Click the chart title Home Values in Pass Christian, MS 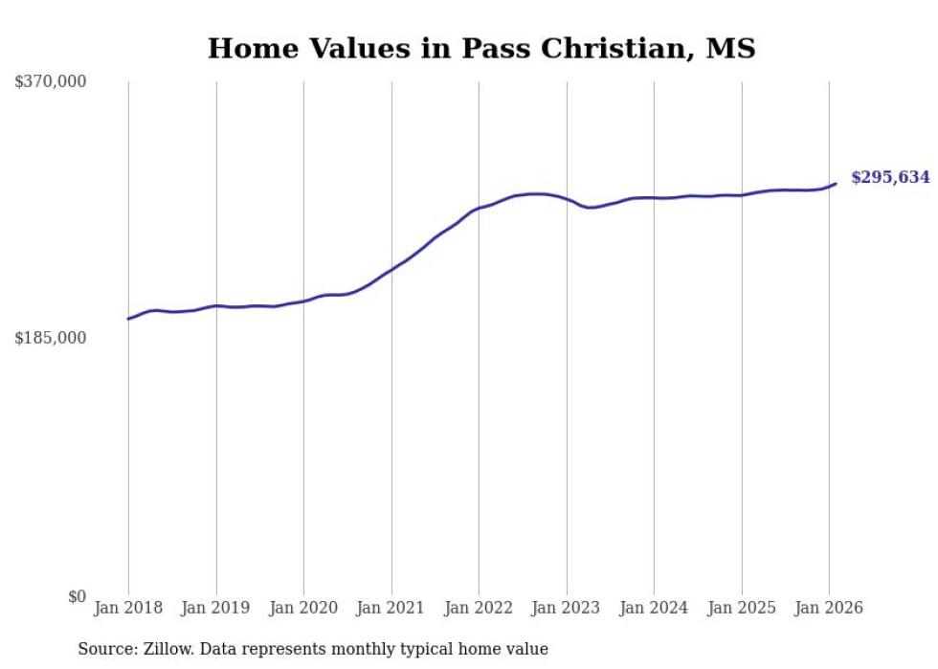click(x=481, y=48)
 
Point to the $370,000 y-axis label click(x=51, y=82)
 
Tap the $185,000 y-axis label click(x=51, y=338)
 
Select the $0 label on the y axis click(x=78, y=596)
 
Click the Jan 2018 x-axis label click(x=128, y=609)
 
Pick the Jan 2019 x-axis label click(x=216, y=609)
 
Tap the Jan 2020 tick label click(x=303, y=609)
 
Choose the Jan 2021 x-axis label click(x=391, y=609)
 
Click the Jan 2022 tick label click(x=479, y=609)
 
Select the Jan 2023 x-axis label click(x=567, y=609)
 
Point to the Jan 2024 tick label click(x=654, y=609)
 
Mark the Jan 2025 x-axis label click(x=742, y=609)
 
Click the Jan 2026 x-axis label click(x=829, y=609)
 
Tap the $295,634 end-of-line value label click(x=890, y=177)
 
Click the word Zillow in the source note click(x=162, y=649)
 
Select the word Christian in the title click(x=610, y=48)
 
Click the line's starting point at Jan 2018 click(x=128, y=319)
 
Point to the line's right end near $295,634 click(x=836, y=184)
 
